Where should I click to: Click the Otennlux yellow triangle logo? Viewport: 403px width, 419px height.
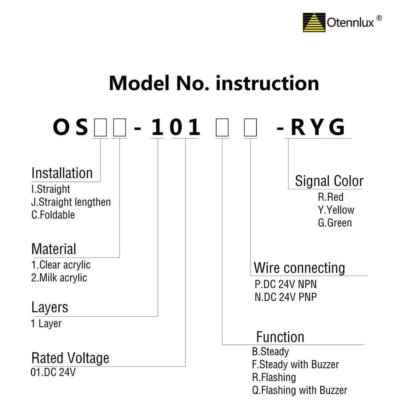(314, 23)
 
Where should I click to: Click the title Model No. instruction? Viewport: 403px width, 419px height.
(214, 83)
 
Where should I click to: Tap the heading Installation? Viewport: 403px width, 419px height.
(62, 173)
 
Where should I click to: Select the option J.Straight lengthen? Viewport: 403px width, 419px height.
(71, 202)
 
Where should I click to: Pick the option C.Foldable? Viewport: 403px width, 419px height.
(53, 215)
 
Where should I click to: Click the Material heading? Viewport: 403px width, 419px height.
(54, 249)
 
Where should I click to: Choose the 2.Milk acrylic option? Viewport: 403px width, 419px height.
(59, 278)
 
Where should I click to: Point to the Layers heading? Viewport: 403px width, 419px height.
(50, 307)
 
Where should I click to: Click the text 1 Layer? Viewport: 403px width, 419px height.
(46, 324)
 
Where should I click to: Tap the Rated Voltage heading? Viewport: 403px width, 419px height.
(70, 358)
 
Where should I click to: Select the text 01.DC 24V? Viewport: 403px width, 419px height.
(53, 372)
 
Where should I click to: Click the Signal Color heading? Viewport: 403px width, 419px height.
(329, 181)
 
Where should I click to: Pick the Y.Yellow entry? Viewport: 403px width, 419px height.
(336, 210)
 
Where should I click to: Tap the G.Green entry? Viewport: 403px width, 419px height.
(335, 223)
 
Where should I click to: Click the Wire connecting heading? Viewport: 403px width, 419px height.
(299, 268)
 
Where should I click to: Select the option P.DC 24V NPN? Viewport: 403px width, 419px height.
(285, 285)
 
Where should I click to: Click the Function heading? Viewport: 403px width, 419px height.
(280, 337)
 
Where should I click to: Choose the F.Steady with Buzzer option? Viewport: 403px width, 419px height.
(295, 365)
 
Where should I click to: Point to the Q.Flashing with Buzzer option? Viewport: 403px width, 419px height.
(299, 391)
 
